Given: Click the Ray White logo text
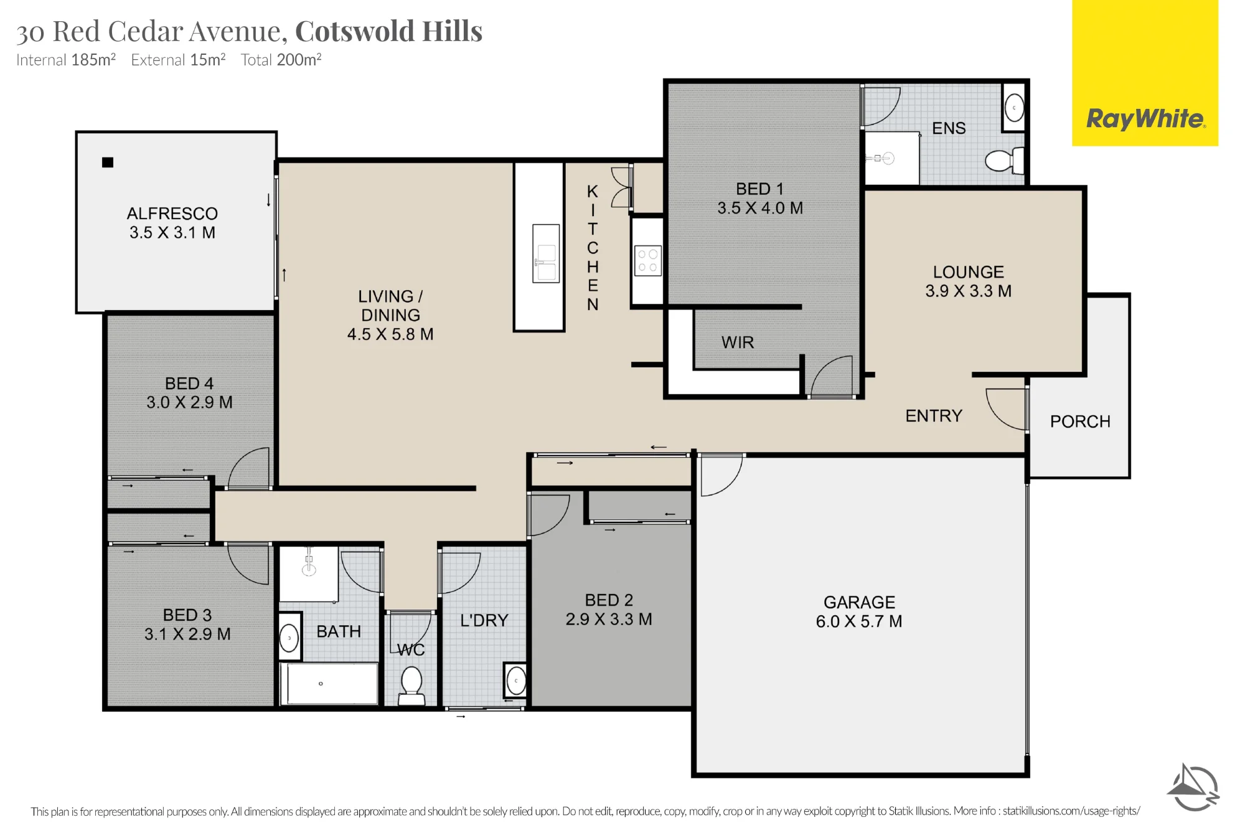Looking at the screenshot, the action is coord(1145,118).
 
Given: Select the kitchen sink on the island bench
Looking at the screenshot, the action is coord(546,253).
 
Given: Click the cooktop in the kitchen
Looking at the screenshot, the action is coord(647,261).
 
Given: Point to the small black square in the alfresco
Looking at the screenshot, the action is coord(108,163).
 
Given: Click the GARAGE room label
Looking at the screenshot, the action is coord(859,602).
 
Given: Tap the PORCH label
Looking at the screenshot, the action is coord(1080,422).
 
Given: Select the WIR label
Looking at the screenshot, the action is coord(738,342).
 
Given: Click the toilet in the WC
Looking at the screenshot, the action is coord(411,686).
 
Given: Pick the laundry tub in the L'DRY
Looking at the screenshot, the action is coord(515,681).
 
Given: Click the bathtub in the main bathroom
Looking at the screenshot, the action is coord(329,684).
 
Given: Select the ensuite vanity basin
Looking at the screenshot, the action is coord(1014,108).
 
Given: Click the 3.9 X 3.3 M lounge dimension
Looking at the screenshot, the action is coord(969,291).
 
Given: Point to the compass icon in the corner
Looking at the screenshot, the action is coord(1193,788).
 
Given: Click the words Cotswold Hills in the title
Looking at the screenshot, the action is coord(388,31).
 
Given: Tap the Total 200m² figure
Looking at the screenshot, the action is coord(281,60).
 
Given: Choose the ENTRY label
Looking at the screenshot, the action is coord(934,416).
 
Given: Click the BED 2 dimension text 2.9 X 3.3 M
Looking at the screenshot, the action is coord(609,620).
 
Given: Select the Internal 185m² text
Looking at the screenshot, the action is coord(66,60).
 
